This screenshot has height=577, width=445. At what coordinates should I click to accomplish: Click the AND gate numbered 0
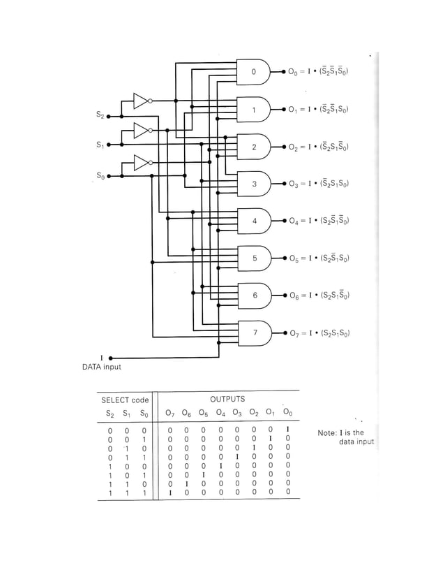[x=255, y=72]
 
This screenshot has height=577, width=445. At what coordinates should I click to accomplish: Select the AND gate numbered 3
[x=255, y=184]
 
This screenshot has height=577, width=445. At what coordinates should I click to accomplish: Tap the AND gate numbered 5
[x=255, y=258]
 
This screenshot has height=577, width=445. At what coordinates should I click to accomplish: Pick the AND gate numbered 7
[x=255, y=333]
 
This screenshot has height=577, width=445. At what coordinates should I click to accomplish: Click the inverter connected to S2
[x=140, y=101]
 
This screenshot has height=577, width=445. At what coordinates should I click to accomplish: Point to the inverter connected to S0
[x=142, y=163]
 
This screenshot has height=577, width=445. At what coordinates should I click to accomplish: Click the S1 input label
[x=100, y=145]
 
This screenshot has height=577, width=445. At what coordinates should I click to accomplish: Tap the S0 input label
[x=100, y=176]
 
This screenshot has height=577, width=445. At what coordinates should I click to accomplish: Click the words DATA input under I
[x=102, y=367]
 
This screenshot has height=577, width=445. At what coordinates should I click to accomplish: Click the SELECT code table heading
[x=125, y=400]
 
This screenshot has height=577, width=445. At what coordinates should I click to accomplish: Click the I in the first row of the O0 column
[x=287, y=430]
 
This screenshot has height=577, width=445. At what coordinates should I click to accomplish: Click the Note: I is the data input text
[x=345, y=437]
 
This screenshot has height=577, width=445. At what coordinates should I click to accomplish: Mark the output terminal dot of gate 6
[x=283, y=295]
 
